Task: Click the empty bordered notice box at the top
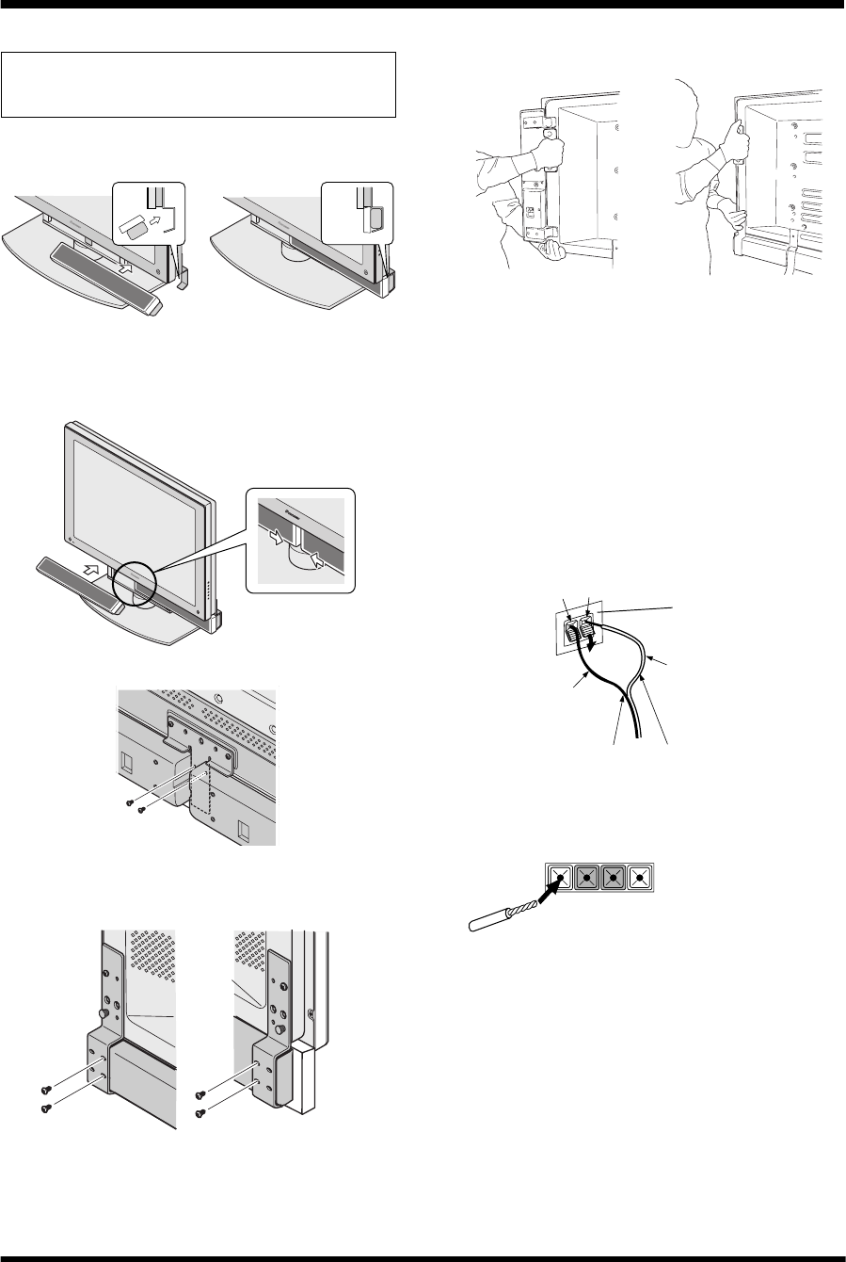[x=198, y=85]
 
